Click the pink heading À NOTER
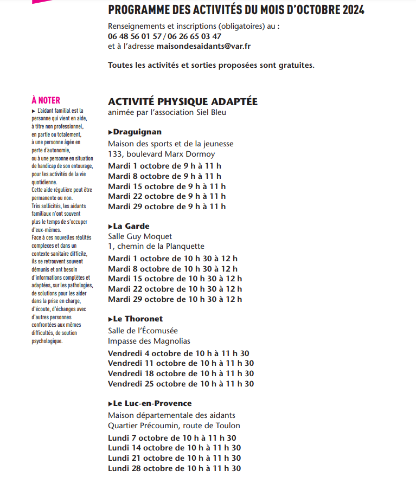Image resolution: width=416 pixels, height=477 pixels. pos(46,100)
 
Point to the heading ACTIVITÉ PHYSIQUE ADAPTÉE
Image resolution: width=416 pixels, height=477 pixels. pos(183,102)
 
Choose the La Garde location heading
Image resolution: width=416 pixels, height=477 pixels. pos(131,226)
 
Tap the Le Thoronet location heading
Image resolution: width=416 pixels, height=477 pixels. pos(138,319)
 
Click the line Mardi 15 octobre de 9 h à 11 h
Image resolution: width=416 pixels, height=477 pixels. pos(167,186)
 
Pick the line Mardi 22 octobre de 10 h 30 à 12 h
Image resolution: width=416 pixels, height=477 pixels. pos(175,289)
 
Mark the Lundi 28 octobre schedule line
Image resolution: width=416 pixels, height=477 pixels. pos(174,468)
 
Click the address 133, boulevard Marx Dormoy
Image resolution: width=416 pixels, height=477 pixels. pos(161,154)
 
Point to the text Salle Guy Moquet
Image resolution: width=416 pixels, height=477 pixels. pos(140,236)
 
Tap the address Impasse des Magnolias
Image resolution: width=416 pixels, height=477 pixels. pos(149,341)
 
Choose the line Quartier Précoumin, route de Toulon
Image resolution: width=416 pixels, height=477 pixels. pos(174,426)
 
